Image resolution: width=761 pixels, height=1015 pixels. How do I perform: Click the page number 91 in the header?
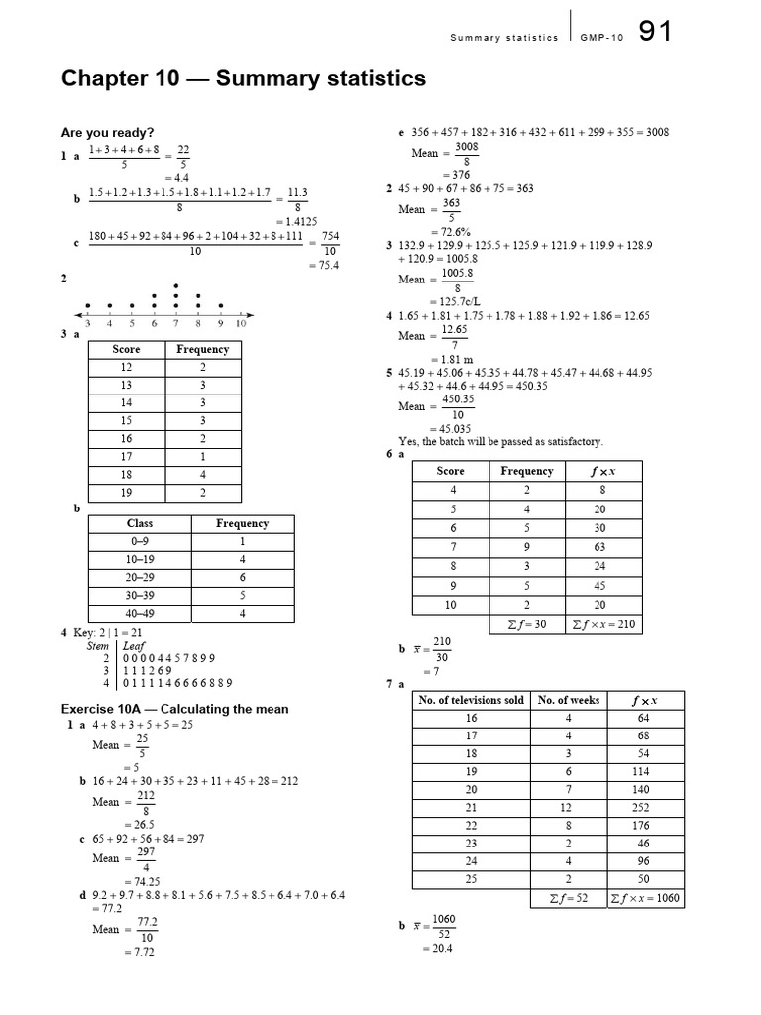pos(655,32)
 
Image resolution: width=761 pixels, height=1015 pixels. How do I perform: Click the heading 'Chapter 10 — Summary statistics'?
pos(244,78)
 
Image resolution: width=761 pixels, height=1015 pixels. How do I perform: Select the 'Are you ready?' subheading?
pos(107,132)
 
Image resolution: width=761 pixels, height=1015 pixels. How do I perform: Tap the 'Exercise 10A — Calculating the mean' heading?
pos(175,708)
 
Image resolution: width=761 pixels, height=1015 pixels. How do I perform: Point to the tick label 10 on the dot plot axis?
pos(240,323)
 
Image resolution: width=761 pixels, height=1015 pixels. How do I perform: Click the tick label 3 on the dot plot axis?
pos(88,323)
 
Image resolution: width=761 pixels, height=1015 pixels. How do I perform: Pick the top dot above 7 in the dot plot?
pos(176,285)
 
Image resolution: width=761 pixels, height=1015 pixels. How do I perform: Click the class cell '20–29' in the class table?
pos(139,578)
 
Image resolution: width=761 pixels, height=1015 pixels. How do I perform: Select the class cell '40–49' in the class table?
pos(139,614)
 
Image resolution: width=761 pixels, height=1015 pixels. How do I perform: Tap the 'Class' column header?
pos(139,523)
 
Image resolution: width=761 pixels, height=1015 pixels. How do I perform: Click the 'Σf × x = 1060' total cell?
pos(645,898)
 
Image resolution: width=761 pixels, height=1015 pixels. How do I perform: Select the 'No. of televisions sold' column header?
pos(472,700)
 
